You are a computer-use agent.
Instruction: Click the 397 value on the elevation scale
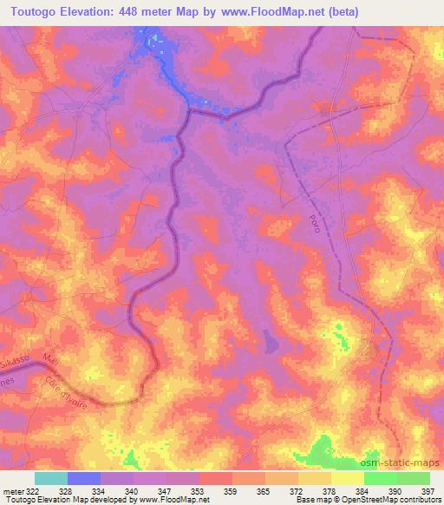[x=428, y=490]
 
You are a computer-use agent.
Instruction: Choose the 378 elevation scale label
[x=329, y=490]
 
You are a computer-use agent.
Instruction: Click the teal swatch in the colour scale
[x=51, y=478]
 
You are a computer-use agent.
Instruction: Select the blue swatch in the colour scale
[x=84, y=478]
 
